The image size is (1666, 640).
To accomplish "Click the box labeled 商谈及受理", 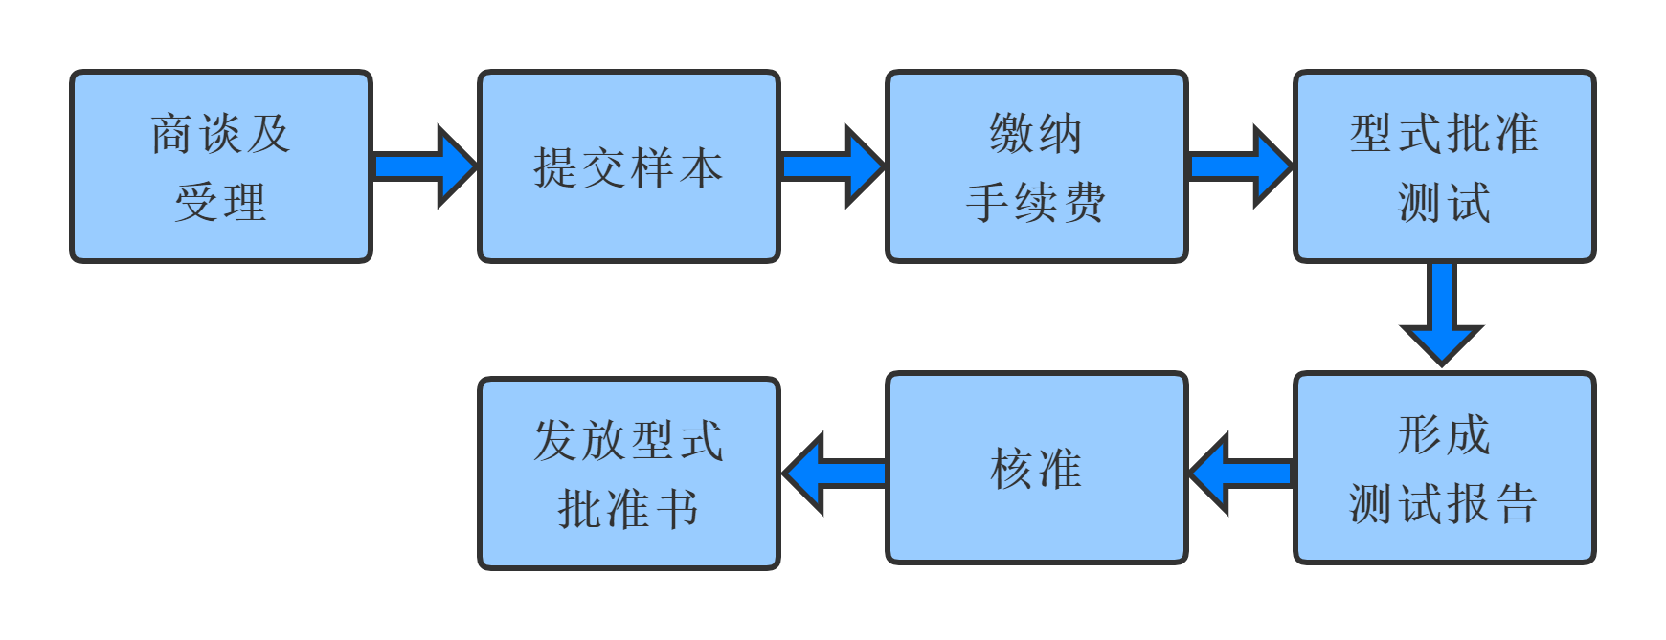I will (x=220, y=166).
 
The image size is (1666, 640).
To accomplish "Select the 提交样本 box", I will (x=628, y=166).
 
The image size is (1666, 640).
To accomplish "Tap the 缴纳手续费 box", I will (x=1036, y=166).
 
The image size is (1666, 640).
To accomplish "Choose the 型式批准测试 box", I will (x=1444, y=166).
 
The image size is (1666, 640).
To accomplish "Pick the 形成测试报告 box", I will (x=1444, y=468).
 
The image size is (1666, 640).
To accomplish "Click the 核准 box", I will (x=1036, y=468).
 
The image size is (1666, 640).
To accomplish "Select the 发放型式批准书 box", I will (x=628, y=474).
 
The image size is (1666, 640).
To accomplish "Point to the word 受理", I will (x=220, y=202).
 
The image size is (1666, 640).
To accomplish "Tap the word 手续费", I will (x=1036, y=202).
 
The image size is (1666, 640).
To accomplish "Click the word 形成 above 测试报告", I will (x=1444, y=435).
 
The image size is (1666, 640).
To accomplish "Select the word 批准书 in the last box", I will (x=628, y=508).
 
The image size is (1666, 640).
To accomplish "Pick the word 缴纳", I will (x=1036, y=133).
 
